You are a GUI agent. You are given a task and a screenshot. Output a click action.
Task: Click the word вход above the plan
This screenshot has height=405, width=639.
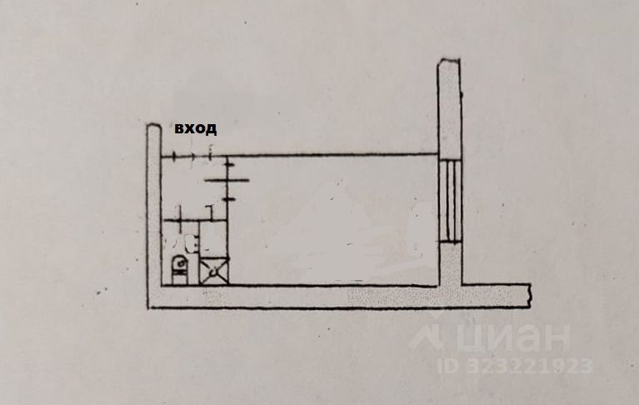[195, 128]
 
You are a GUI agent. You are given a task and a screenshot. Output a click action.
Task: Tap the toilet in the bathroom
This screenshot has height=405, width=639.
[179, 267]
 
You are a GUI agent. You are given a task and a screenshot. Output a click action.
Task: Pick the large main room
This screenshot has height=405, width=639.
[333, 221]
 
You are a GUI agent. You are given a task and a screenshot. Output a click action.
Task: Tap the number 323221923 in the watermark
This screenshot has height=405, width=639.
[530, 365]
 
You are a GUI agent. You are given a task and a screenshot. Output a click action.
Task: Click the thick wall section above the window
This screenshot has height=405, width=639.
[448, 108]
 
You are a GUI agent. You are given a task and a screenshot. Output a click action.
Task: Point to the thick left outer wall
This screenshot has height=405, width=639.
[153, 217]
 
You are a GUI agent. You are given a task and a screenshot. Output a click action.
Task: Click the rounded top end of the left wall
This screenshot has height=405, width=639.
[153, 127]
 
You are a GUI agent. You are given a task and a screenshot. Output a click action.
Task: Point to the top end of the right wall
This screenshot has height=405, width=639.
[448, 61]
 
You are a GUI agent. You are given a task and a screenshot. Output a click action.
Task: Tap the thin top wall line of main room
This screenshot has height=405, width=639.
[333, 154]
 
